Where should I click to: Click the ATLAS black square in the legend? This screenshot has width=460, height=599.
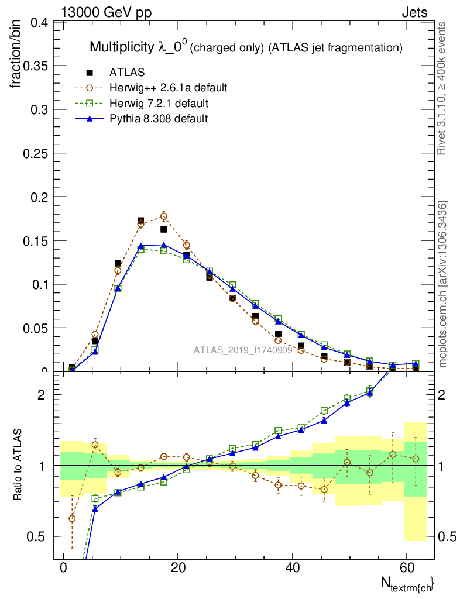point(90,73)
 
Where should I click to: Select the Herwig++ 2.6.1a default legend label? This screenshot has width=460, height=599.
point(168,88)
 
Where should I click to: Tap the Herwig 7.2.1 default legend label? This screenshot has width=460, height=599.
point(159,103)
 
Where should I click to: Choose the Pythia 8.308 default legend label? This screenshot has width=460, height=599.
point(159,118)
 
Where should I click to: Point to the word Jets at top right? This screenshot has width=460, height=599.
point(414,12)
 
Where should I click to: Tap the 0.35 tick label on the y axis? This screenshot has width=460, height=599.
point(35,66)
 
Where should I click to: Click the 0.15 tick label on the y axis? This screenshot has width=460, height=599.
point(35,240)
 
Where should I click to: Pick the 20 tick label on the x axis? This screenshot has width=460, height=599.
point(178,568)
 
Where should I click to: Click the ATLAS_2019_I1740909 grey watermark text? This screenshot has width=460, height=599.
point(243,350)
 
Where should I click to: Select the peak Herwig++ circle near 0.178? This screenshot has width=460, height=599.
point(164,216)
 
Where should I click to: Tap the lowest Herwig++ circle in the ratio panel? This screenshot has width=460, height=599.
point(72,518)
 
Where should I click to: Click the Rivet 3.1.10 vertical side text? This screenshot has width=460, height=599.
point(442,88)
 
